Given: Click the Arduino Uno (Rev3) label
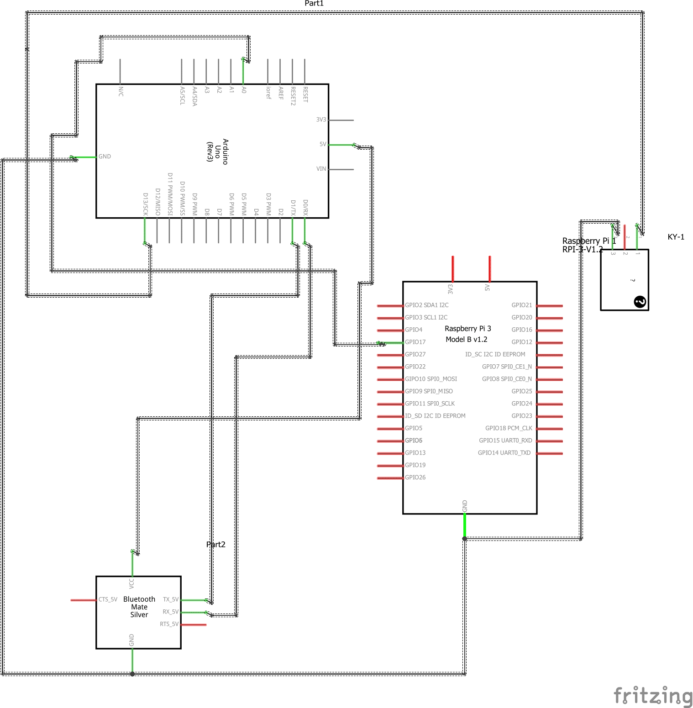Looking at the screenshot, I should [x=217, y=151].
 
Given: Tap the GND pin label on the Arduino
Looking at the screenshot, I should [x=105, y=157].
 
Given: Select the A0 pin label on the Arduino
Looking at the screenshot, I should [x=244, y=90].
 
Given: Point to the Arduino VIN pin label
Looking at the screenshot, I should [x=321, y=169].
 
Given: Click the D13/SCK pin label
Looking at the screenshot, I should [x=145, y=204].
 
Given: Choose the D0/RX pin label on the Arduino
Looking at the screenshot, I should [x=305, y=207].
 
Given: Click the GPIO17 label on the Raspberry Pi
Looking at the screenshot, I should [x=415, y=342].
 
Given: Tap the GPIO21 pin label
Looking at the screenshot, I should [x=522, y=305].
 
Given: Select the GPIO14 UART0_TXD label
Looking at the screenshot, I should [x=504, y=453].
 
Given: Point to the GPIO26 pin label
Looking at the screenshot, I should [x=415, y=477].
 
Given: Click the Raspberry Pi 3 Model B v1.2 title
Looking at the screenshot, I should [x=467, y=334].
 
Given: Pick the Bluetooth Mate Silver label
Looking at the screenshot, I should [x=139, y=607].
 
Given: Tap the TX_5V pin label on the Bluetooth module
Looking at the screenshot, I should [x=171, y=599].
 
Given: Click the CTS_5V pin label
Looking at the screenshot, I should [x=108, y=599].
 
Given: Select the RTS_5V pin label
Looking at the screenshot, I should [x=169, y=624].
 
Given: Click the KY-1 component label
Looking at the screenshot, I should [x=676, y=237].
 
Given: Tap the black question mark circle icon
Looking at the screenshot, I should [x=640, y=302].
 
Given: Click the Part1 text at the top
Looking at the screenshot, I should [x=314, y=4].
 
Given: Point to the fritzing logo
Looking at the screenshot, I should [x=653, y=696].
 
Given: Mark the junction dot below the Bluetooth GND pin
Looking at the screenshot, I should [x=132, y=674].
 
